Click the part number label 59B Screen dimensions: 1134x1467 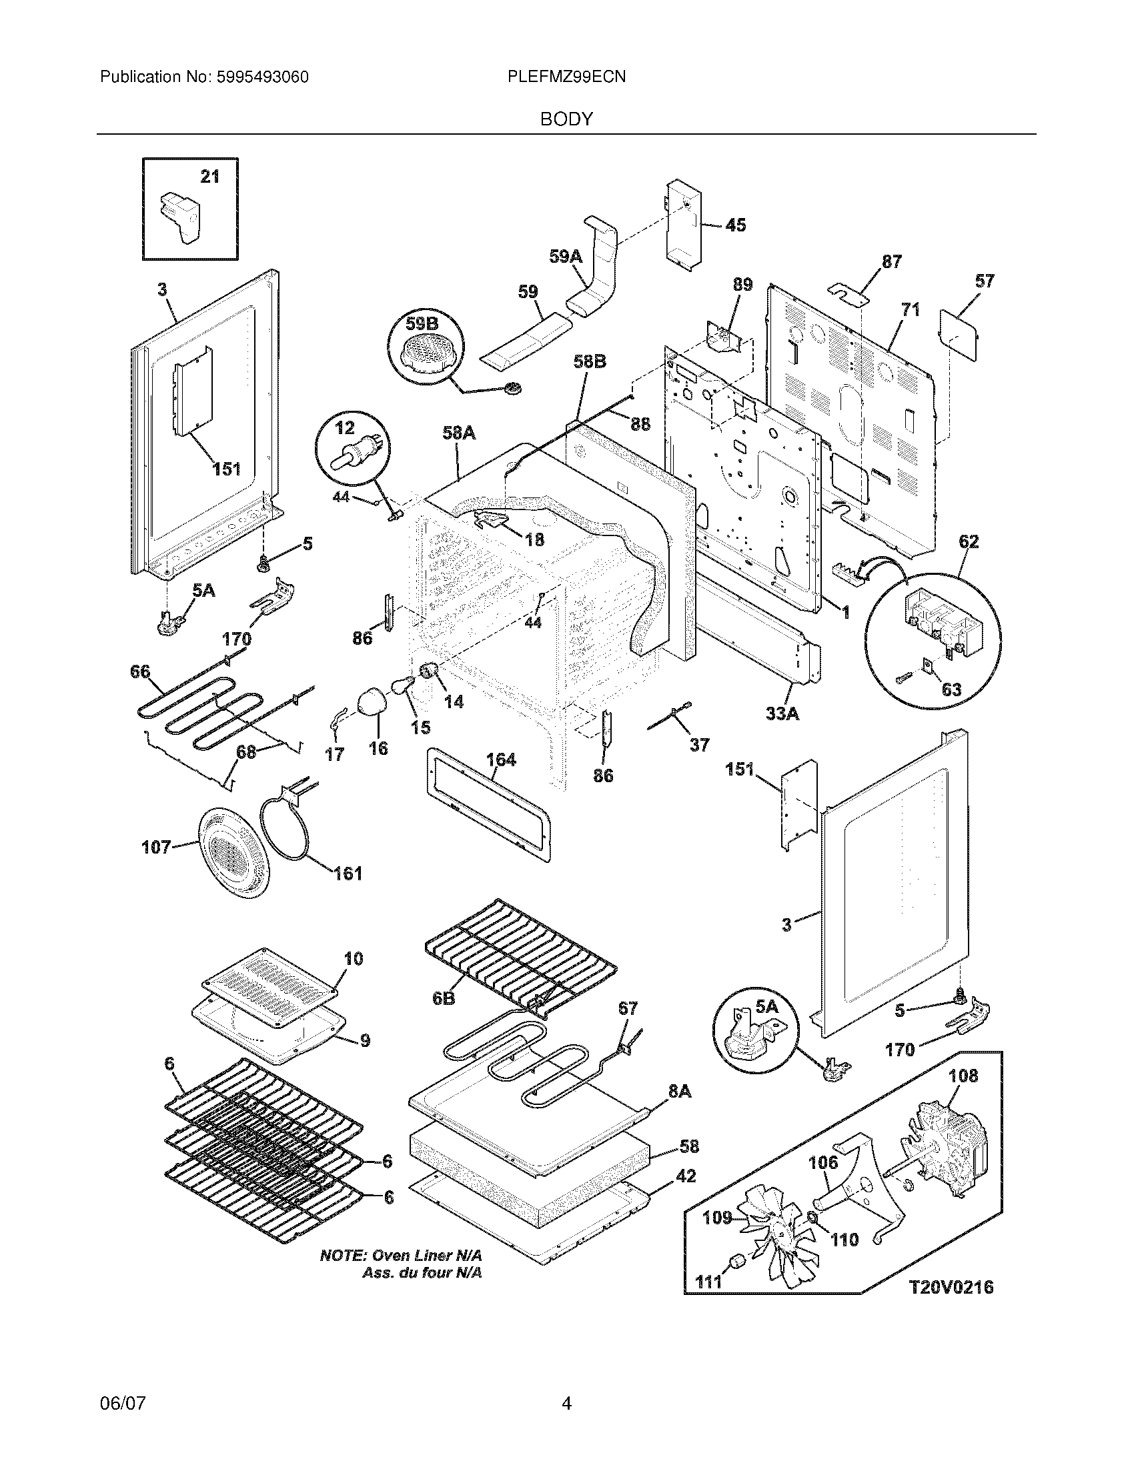(421, 324)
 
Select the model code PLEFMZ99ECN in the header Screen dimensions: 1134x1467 (567, 77)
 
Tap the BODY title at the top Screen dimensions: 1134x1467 (567, 119)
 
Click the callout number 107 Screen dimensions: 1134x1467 (156, 848)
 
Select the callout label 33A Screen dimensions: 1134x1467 (782, 713)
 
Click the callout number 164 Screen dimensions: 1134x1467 (500, 760)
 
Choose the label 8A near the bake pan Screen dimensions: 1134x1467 (679, 1092)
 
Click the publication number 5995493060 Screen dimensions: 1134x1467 (262, 77)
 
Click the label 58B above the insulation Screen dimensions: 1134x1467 (590, 361)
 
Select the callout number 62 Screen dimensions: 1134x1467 (969, 542)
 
